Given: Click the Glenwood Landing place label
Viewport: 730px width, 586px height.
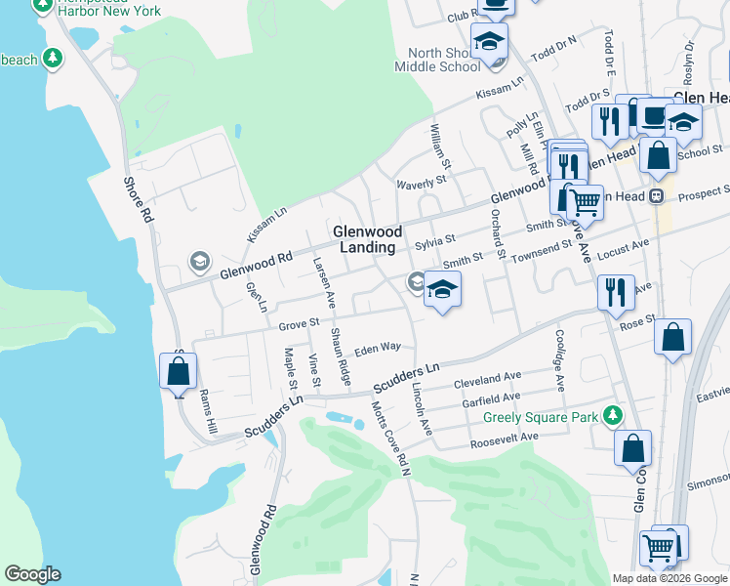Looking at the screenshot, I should click(x=367, y=239).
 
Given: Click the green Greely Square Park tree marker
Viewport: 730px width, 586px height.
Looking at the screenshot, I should click(x=612, y=415).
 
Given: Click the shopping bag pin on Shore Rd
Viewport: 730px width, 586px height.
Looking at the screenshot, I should click(x=178, y=371).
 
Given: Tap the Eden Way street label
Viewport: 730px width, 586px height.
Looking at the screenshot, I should click(x=378, y=348).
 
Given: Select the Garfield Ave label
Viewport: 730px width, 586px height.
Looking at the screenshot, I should click(x=490, y=398).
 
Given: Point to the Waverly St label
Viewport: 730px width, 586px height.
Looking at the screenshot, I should click(x=421, y=181).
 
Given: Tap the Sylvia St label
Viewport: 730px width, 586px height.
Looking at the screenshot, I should click(x=435, y=239).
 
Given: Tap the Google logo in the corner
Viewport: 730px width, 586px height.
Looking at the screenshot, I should click(x=32, y=574).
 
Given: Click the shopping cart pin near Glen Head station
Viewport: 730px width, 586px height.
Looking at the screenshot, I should click(x=585, y=202).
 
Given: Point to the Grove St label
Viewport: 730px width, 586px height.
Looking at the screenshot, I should click(x=299, y=322).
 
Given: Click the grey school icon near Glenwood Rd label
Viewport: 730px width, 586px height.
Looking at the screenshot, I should click(x=200, y=261).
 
